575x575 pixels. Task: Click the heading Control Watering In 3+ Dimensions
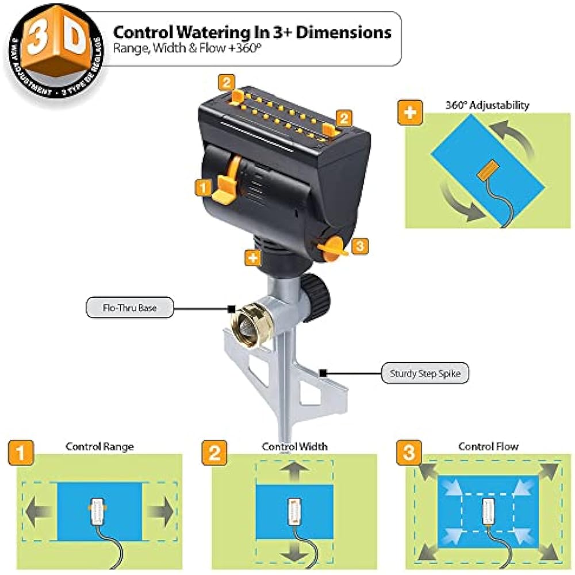click(252, 32)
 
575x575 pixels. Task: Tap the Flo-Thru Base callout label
click(129, 308)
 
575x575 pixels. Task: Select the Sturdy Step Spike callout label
click(425, 374)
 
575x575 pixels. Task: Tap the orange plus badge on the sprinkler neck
click(253, 258)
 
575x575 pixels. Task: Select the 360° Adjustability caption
click(486, 105)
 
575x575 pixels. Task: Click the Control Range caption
click(100, 446)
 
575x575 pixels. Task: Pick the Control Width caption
click(294, 446)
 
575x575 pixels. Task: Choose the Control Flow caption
click(488, 446)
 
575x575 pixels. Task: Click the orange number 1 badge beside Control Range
click(20, 453)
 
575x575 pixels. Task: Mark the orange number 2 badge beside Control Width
click(214, 453)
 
